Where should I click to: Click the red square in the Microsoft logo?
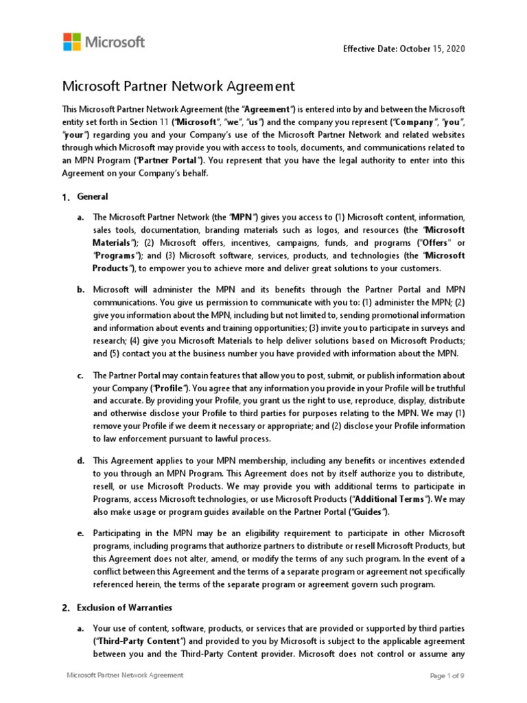click(x=68, y=36)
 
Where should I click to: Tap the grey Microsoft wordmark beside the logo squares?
click(x=115, y=42)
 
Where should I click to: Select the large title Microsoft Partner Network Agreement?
click(x=178, y=87)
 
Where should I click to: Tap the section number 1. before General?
click(x=66, y=198)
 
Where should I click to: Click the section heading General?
click(x=89, y=197)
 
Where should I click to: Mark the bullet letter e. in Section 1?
click(x=80, y=533)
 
